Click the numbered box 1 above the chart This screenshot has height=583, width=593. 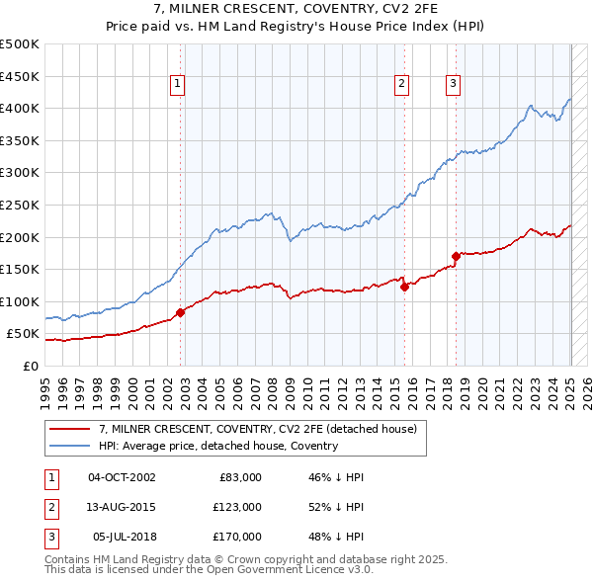[x=176, y=85]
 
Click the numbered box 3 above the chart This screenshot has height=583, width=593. [x=453, y=85]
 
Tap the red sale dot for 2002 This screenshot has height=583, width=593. [x=181, y=312]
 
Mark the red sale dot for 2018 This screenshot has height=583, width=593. [x=456, y=256]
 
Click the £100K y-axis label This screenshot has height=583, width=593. [x=20, y=301]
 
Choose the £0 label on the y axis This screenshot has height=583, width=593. [x=30, y=366]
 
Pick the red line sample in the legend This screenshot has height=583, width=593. [x=70, y=430]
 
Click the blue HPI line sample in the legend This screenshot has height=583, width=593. [x=70, y=446]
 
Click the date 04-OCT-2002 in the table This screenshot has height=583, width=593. [x=122, y=477]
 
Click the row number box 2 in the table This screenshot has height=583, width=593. [x=49, y=507]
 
